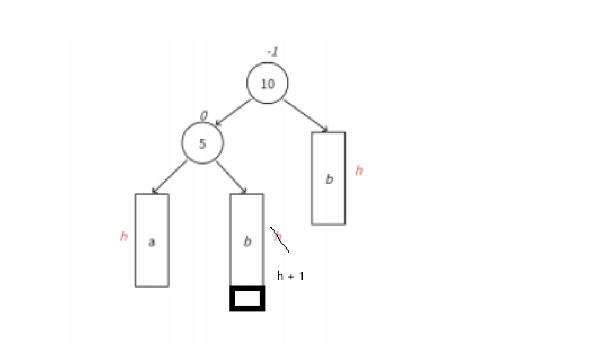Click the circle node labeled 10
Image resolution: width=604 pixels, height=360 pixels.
coord(267,83)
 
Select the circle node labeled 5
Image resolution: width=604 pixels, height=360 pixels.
coord(202,143)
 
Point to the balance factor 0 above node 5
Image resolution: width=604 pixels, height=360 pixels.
coord(203,116)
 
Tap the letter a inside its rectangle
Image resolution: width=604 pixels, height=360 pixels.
coord(151,242)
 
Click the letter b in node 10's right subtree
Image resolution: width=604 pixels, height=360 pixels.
coord(329,179)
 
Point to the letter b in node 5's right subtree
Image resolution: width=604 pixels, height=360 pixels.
coord(247,241)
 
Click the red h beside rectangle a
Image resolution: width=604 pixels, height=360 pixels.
coord(124,236)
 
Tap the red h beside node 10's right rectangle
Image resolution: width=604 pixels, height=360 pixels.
coord(359,170)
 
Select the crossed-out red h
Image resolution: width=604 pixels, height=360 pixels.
coord(278,236)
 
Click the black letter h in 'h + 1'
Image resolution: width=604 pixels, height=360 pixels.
coord(280,275)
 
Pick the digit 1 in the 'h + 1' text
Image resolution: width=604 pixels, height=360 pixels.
coord(301,276)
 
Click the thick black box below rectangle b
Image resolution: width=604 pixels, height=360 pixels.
coord(247,298)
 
